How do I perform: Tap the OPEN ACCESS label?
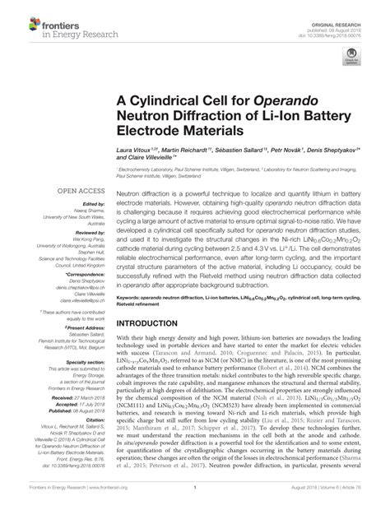tap(79, 189)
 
